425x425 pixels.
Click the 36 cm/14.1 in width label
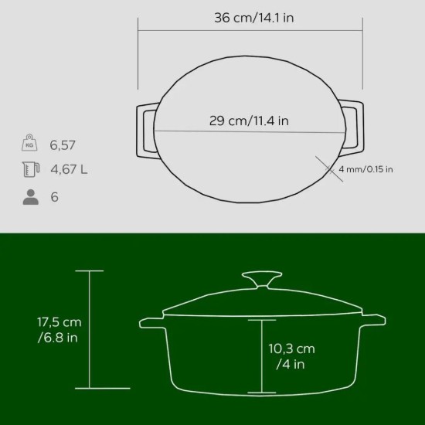253,18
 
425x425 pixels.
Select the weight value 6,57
63,144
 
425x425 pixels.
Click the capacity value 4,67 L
69,170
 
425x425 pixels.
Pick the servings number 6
54,196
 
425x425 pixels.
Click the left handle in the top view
145,130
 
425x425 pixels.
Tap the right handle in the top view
353,130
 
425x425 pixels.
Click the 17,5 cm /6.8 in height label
59,329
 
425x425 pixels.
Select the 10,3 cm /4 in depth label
291,356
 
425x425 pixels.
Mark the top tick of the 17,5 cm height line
90,270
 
